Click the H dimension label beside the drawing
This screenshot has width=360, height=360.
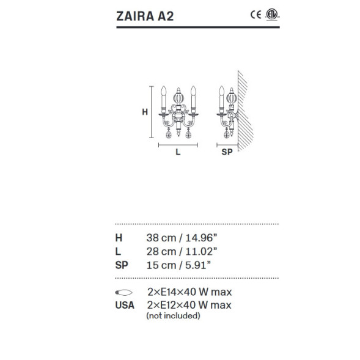pos(145,112)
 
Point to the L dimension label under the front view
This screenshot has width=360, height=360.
pos(178,153)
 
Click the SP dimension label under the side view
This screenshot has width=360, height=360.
pos(226,153)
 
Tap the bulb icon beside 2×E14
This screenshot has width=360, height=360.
pos(123,292)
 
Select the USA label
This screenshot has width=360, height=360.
pos(125,304)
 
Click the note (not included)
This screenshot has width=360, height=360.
pos(173,316)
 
